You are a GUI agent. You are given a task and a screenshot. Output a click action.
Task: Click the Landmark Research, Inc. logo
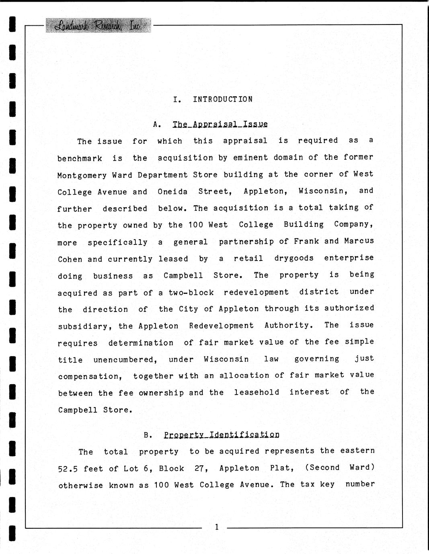click(98, 26)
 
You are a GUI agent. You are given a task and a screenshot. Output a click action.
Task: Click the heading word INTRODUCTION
click(223, 99)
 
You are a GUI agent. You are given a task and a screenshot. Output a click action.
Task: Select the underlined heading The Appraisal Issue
click(220, 124)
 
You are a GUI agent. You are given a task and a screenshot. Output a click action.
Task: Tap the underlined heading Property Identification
click(221, 435)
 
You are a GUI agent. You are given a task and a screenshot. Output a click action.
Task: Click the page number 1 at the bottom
click(216, 527)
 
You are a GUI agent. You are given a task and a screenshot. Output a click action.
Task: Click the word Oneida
click(172, 191)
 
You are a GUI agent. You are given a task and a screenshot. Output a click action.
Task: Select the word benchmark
click(80, 158)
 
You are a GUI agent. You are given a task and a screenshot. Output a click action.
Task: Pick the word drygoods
click(294, 258)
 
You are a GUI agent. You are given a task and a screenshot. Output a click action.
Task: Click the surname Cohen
click(70, 259)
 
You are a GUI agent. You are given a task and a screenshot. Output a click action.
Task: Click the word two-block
click(191, 293)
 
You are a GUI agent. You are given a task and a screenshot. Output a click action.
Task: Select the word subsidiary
click(82, 326)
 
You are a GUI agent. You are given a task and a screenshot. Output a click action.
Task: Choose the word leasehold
click(257, 392)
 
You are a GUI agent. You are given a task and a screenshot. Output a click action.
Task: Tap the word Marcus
click(359, 241)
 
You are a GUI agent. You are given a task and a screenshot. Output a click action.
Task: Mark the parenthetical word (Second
click(322, 468)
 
